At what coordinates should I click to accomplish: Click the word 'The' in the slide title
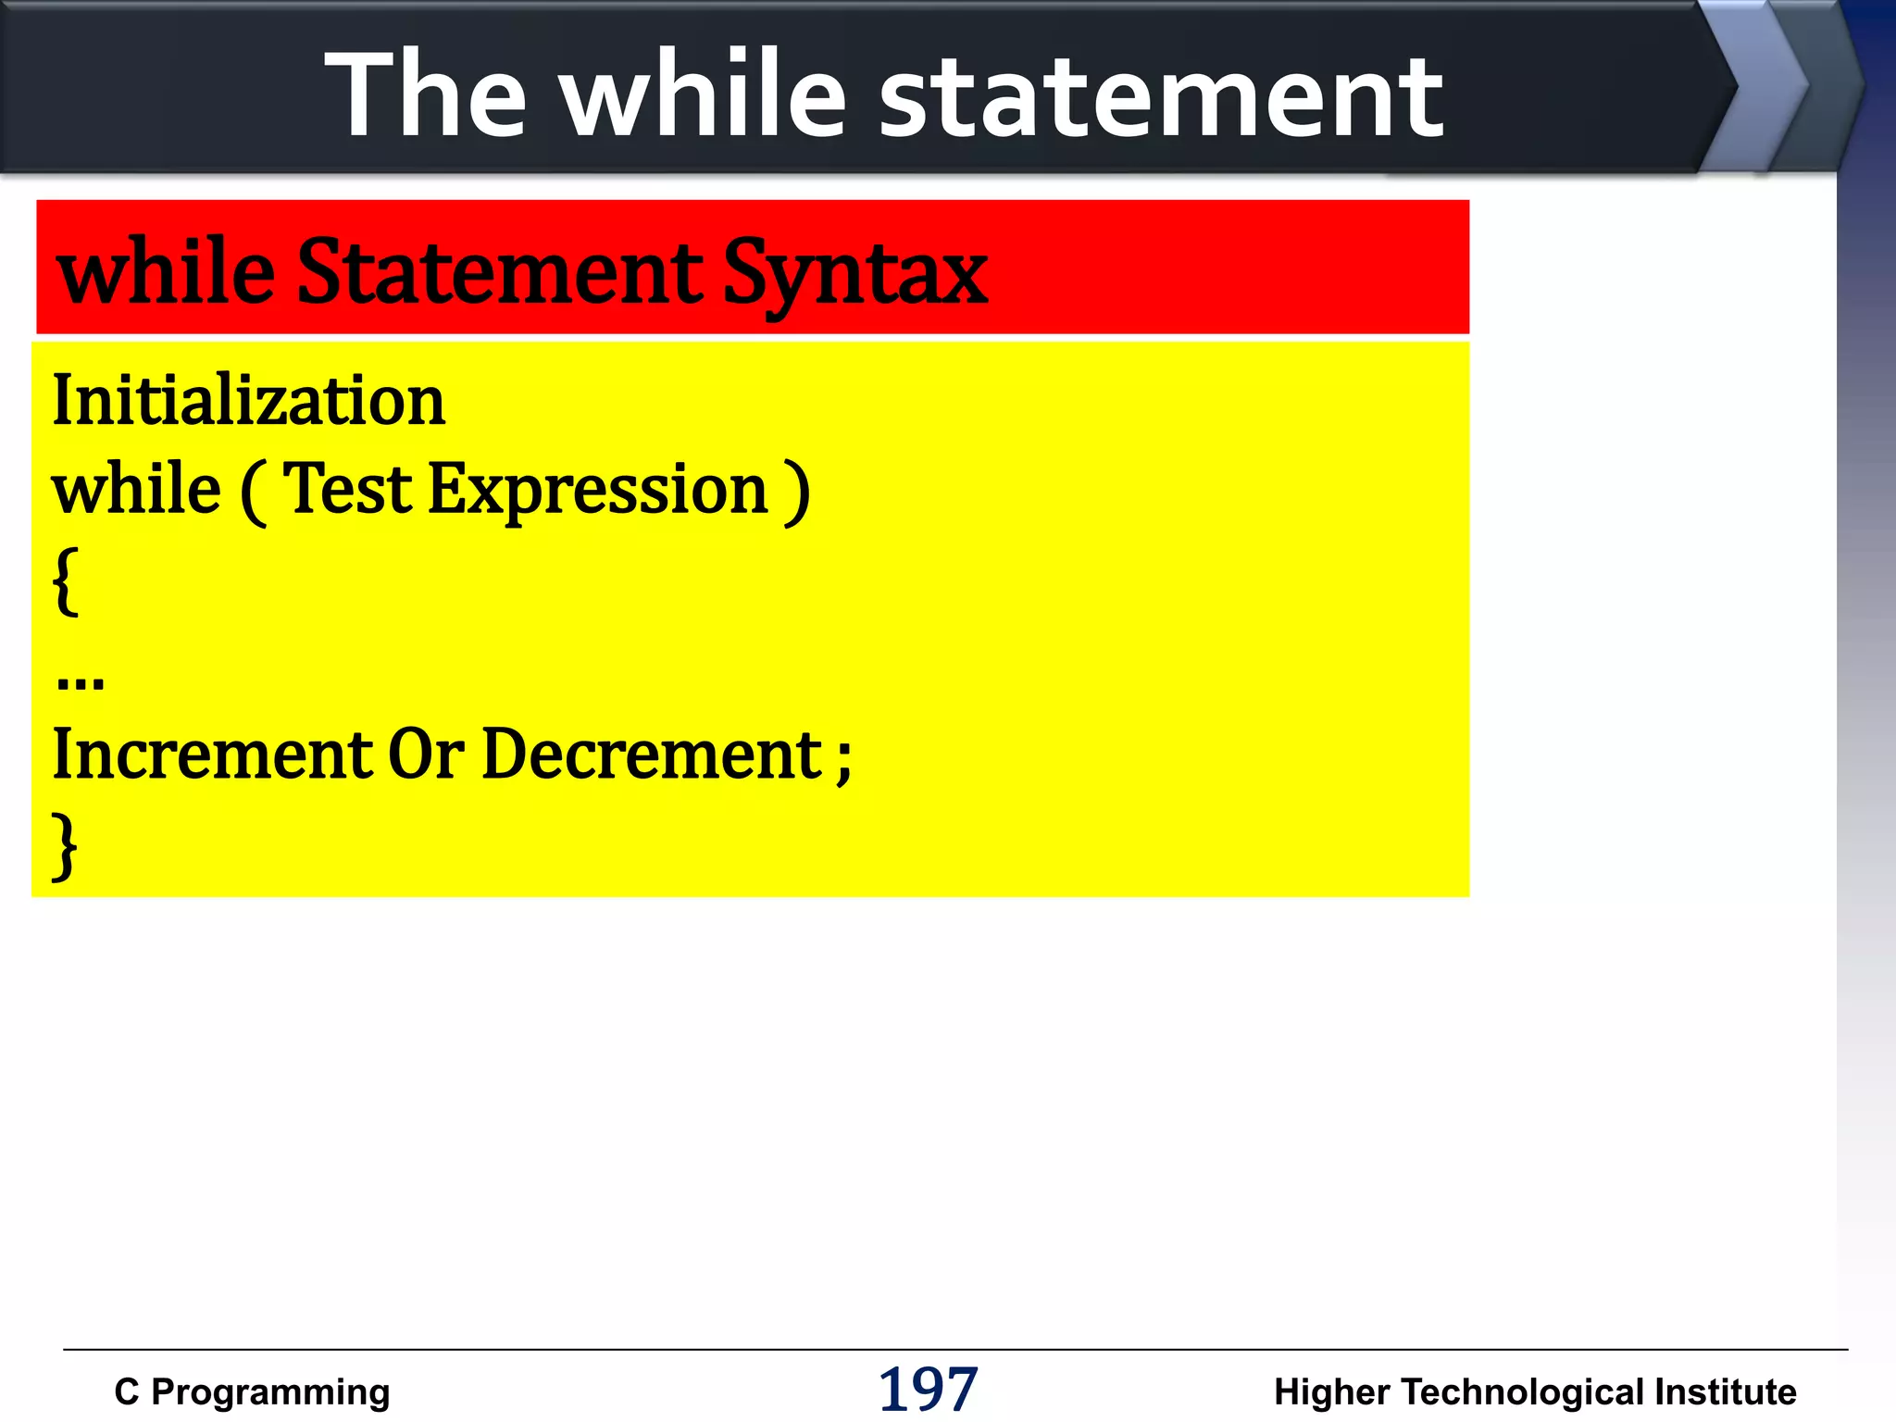pos(426,94)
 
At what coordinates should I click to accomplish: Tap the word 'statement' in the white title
pos(1160,97)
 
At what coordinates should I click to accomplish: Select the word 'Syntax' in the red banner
pos(854,273)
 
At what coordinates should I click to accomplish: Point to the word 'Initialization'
pos(248,400)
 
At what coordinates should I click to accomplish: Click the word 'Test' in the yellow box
pos(346,489)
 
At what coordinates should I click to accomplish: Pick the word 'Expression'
pos(598,491)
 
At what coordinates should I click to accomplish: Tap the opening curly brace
pos(65,580)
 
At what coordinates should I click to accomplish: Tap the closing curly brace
pos(64,844)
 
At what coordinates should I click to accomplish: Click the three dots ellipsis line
pos(80,681)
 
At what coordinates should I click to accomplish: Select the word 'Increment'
pos(212,755)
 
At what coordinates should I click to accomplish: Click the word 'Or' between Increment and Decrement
pos(425,755)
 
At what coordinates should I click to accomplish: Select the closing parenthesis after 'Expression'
pos(796,493)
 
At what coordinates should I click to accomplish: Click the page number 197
pos(927,1389)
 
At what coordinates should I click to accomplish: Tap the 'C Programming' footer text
pos(252,1391)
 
